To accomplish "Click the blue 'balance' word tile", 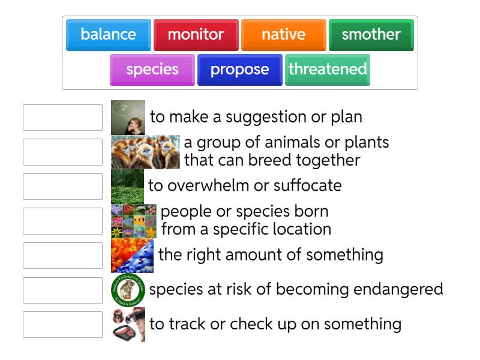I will pyautogui.click(x=109, y=35).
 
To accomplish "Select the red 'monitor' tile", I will pyautogui.click(x=196, y=35).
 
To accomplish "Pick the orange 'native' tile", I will pyautogui.click(x=283, y=35).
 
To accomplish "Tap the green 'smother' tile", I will pyautogui.click(x=371, y=35).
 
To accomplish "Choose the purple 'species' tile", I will pyautogui.click(x=152, y=70).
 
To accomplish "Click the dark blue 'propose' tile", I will pyautogui.click(x=239, y=70).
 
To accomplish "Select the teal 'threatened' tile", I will pyautogui.click(x=327, y=70).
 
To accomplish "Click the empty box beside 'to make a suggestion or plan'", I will pyautogui.click(x=62, y=118).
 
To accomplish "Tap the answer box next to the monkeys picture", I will pyautogui.click(x=62, y=152).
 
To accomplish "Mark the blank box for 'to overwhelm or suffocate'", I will pyautogui.click(x=62, y=187).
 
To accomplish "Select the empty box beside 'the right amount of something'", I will pyautogui.click(x=62, y=256).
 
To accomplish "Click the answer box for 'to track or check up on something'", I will pyautogui.click(x=62, y=325).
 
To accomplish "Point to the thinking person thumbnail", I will pyautogui.click(x=128, y=118).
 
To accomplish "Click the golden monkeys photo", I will pyautogui.click(x=145, y=152).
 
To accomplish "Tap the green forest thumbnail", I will pyautogui.click(x=127, y=187).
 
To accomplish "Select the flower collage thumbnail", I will pyautogui.click(x=134, y=221).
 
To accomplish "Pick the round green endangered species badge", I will pyautogui.click(x=128, y=290).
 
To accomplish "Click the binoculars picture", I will pyautogui.click(x=128, y=325).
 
